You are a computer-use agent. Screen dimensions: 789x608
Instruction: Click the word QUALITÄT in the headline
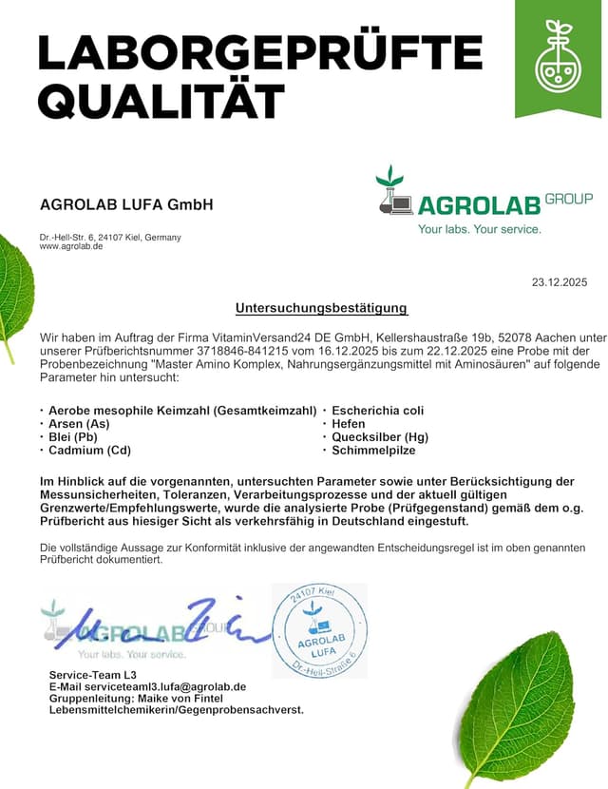[x=162, y=100]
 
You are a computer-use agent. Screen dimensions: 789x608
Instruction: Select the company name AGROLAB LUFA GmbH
[x=126, y=204]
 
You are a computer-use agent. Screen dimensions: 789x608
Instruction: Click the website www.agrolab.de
[x=71, y=246]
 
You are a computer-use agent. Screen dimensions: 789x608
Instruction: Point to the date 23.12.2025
[x=560, y=281]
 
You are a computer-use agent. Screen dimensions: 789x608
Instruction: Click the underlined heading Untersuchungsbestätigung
[x=321, y=308]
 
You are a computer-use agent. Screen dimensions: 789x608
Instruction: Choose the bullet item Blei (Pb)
[x=73, y=436]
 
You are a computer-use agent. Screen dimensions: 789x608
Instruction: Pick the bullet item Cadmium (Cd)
[x=89, y=450]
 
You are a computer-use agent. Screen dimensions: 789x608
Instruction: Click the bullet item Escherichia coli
[x=377, y=410]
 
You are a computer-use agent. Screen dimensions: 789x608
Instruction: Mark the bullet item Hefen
[x=349, y=423]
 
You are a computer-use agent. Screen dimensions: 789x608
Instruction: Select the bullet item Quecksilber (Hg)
[x=380, y=436]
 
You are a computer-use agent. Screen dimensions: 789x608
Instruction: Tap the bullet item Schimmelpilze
[x=372, y=450]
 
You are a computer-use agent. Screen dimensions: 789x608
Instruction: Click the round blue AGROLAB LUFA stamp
[x=319, y=630]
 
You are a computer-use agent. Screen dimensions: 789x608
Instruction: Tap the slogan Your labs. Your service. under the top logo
[x=480, y=229]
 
